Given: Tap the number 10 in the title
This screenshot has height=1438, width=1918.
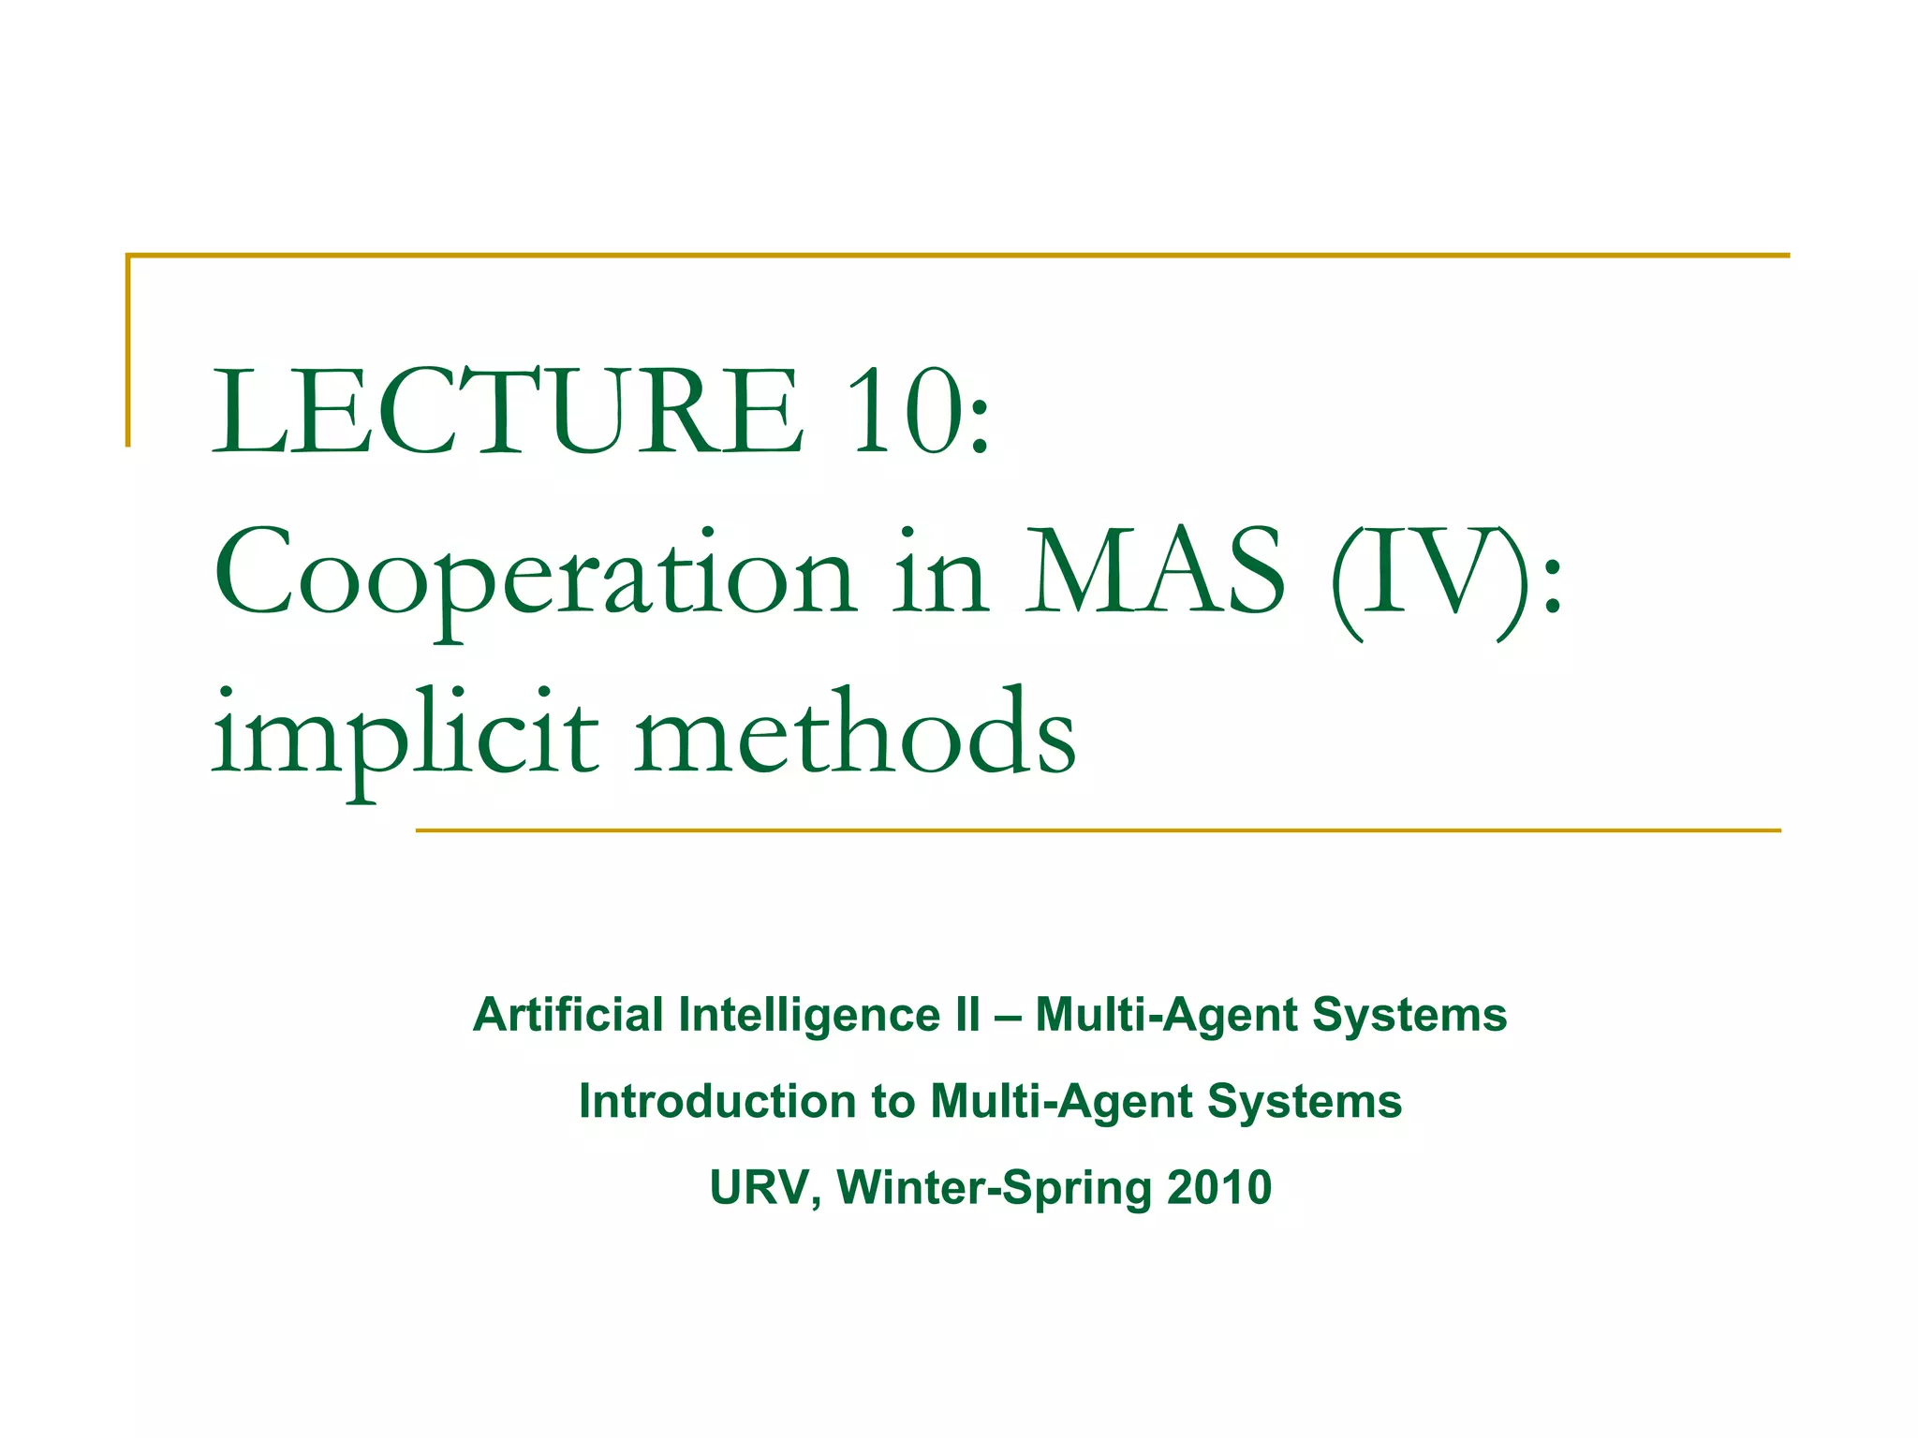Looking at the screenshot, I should [907, 412].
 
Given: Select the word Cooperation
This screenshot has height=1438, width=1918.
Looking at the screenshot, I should [534, 573].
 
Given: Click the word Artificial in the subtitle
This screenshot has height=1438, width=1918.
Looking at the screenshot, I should [568, 1015].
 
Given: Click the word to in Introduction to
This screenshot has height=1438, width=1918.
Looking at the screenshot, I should [893, 1102].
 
